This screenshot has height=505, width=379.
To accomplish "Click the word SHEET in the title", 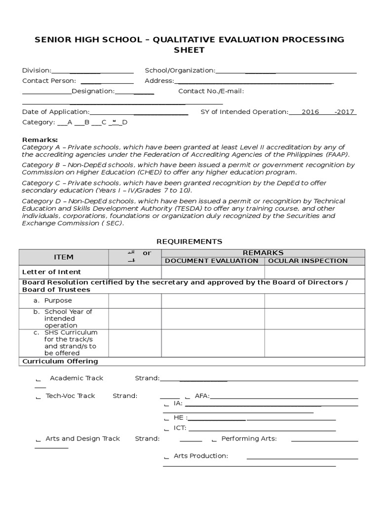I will [x=189, y=50].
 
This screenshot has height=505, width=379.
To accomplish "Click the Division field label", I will [x=37, y=71].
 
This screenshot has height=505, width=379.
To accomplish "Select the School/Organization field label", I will [x=180, y=71].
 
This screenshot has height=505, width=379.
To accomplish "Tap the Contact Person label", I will [x=49, y=80].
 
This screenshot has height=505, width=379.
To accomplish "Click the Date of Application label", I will [x=56, y=112].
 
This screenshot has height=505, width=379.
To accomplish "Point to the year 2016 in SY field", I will [x=310, y=112].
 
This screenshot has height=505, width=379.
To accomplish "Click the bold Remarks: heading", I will [x=40, y=140].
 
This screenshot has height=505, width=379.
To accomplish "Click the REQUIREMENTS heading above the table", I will [x=189, y=241].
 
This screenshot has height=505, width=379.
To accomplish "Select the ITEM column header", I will [x=63, y=257].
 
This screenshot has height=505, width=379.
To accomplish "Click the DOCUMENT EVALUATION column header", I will [x=212, y=260].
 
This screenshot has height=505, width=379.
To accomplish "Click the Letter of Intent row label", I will [x=51, y=272].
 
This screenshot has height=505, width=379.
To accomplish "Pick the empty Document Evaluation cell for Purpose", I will [x=213, y=300].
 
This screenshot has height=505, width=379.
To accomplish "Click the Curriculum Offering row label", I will [x=60, y=361].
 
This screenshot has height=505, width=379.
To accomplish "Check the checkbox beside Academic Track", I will [x=38, y=379].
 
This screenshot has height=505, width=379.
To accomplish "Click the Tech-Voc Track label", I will [x=71, y=396].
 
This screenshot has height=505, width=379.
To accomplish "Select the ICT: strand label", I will [x=180, y=428].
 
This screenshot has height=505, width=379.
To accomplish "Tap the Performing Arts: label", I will [x=249, y=438].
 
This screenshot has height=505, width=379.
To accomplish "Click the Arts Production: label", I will [x=201, y=456].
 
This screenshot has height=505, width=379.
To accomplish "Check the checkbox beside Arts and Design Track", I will [x=38, y=439].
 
